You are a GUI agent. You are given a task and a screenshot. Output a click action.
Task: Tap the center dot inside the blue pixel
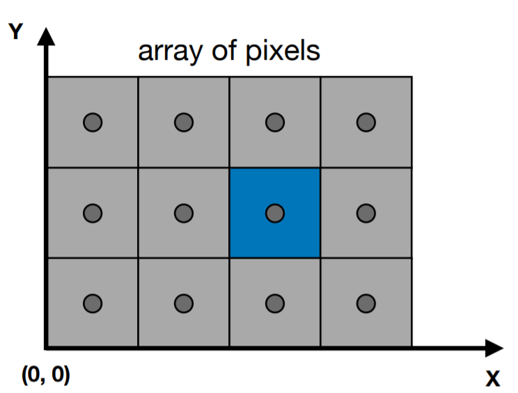(275, 213)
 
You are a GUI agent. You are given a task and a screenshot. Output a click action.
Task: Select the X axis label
(492, 380)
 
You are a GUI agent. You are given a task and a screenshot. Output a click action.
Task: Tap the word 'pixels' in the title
(288, 51)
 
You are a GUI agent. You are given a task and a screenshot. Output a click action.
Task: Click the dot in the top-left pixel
(93, 122)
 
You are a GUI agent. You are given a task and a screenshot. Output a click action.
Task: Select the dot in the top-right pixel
(366, 122)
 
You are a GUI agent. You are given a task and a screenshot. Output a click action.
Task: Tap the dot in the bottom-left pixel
(93, 303)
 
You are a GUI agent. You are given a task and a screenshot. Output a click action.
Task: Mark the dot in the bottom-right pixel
(366, 303)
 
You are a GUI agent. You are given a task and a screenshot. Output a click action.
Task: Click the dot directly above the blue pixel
(275, 122)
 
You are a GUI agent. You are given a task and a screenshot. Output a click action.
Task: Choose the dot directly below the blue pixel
(275, 303)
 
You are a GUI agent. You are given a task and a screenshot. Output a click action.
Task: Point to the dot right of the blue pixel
(366, 213)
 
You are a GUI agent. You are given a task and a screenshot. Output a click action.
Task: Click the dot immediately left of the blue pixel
(184, 213)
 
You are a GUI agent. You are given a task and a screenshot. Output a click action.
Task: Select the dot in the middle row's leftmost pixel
(93, 213)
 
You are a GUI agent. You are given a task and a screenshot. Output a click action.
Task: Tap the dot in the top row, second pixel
(184, 122)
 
